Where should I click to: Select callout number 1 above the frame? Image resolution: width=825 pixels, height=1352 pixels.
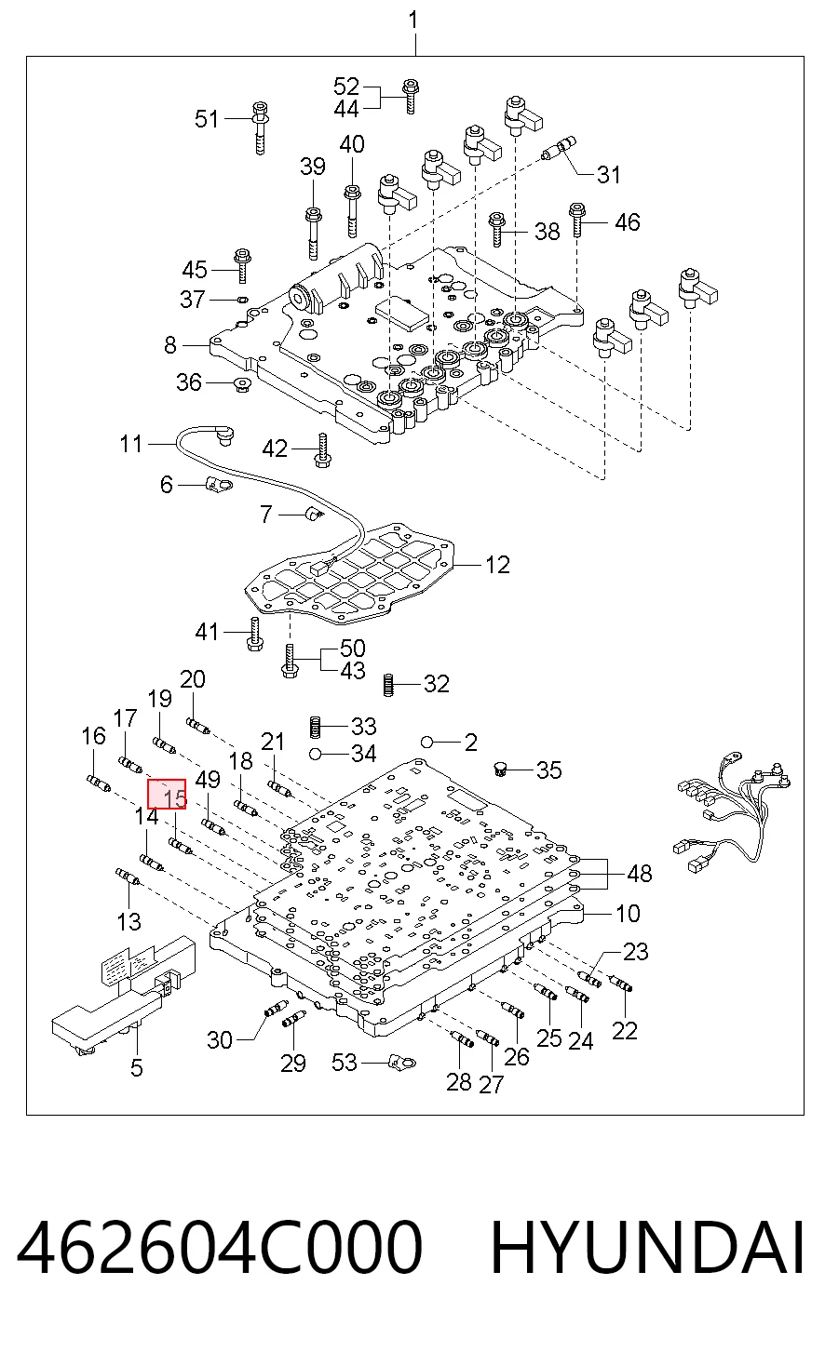[413, 20]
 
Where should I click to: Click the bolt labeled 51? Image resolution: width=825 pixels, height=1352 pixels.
[261, 128]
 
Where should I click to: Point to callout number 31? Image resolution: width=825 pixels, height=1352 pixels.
[608, 174]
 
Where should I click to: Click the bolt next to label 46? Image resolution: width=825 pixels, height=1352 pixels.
[576, 221]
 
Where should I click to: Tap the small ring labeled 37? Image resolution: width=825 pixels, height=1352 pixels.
[243, 299]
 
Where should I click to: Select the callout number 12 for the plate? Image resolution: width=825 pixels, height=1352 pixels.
[497, 565]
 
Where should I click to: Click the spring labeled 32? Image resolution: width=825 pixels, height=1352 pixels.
[389, 685]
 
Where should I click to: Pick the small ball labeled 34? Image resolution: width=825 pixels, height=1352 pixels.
[314, 754]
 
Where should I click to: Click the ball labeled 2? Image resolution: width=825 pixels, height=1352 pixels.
[427, 742]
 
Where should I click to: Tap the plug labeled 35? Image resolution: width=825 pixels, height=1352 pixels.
[500, 769]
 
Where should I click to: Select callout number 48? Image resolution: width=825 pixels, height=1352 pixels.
[640, 874]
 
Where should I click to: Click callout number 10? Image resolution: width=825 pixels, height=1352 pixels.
[628, 913]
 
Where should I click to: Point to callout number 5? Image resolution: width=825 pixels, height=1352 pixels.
[137, 1067]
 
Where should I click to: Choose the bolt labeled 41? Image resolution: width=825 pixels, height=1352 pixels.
[254, 634]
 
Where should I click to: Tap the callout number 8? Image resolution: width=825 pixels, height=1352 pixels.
[170, 344]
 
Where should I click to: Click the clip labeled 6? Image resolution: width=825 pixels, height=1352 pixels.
[219, 484]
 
